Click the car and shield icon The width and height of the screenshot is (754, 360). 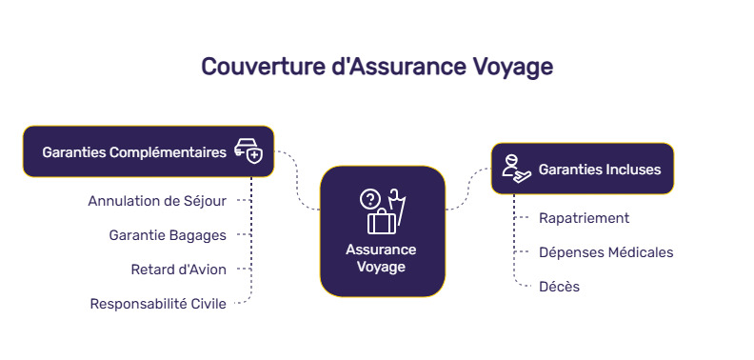tap(248, 152)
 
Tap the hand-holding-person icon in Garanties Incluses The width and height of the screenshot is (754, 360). tap(515, 169)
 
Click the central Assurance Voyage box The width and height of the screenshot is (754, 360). tap(382, 231)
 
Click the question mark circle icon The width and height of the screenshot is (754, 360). tap(369, 200)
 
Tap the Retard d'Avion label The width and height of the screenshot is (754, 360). tap(179, 269)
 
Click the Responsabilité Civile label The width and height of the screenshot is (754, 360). tap(158, 304)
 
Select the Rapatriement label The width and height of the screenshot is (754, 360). tap(584, 218)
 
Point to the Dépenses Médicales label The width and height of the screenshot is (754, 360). tap(605, 252)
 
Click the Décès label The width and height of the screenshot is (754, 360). tap(559, 286)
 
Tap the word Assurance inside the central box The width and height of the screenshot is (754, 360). tap(381, 250)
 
